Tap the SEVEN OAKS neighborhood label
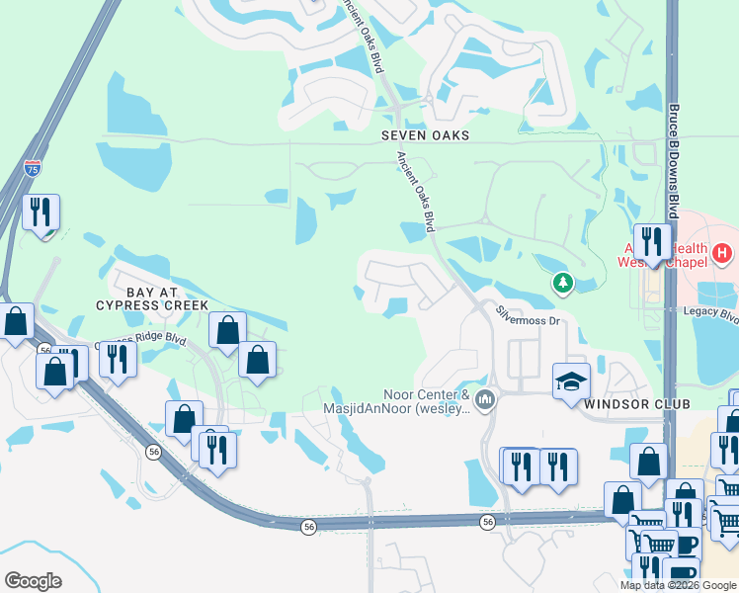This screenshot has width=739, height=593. coord(427,134)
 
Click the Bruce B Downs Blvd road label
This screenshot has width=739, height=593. coord(674,163)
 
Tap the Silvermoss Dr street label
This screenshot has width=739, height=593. coord(528,314)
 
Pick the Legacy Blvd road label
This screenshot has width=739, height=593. coord(711,314)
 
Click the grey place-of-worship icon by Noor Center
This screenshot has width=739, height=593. coord(484,400)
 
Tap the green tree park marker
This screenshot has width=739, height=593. coord(563,285)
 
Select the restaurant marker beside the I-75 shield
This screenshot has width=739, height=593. coord(41,212)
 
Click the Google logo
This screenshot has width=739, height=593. coord(34,581)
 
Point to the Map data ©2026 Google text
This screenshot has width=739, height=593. coord(677,585)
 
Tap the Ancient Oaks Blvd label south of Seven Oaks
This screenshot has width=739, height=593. coord(416,193)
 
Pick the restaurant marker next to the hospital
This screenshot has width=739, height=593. coord(651,242)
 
